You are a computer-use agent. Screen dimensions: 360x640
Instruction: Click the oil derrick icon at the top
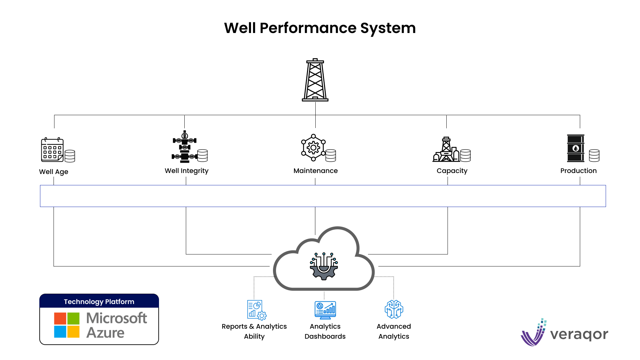(315, 80)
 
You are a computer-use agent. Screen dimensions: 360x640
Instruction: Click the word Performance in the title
(308, 28)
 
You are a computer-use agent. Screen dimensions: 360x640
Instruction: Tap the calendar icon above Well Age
(52, 150)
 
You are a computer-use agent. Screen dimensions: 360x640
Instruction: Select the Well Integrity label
(186, 171)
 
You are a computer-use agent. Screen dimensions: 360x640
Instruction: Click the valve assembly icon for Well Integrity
(185, 147)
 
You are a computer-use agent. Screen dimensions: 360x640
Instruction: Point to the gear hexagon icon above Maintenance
(313, 147)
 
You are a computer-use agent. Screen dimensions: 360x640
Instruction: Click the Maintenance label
(315, 171)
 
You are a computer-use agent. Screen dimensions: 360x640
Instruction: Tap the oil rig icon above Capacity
(446, 150)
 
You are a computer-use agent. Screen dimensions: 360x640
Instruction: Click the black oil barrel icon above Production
(575, 148)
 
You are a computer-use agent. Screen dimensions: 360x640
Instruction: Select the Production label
(578, 171)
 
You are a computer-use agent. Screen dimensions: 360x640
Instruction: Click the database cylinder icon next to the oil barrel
(594, 155)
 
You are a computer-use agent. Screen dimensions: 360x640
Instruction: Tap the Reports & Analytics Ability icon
(256, 310)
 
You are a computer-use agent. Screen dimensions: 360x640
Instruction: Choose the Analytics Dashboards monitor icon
(325, 310)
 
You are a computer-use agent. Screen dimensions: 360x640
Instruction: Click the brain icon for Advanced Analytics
(394, 309)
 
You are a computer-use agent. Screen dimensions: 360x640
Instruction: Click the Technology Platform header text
(99, 302)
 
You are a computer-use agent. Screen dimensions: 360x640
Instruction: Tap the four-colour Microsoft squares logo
(67, 325)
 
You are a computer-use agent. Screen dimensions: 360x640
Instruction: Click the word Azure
(105, 333)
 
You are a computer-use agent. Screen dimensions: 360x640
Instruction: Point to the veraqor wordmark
(579, 334)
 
